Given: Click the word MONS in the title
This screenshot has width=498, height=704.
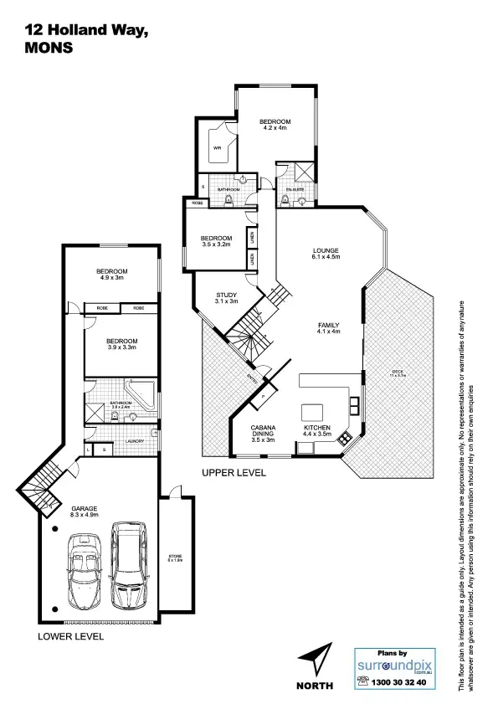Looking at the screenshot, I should pos(49,48).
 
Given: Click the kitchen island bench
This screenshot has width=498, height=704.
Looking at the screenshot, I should pos(313,411).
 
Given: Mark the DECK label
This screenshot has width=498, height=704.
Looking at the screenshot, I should pos(396,373).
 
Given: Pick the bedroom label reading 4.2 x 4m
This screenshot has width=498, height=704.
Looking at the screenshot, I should pos(275,125).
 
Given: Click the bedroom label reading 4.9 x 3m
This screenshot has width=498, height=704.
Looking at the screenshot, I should pos(111,274).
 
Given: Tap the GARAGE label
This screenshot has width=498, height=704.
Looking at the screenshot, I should pos(85,511).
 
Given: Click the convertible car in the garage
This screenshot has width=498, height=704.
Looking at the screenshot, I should pos(84,573).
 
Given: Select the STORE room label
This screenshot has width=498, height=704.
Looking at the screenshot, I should pos(176,558).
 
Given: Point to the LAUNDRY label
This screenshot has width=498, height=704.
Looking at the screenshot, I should pos(134,440).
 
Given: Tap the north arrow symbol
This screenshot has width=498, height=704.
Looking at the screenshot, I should pos(315,658).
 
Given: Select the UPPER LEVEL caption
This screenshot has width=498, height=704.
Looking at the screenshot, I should pos(234,473).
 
